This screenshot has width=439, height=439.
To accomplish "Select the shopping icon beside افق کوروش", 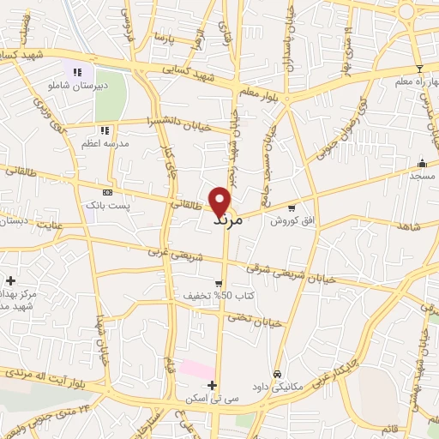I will click(292, 207).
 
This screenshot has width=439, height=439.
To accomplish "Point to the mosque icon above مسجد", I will click(421, 163).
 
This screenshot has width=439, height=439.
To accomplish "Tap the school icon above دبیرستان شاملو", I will click(78, 73).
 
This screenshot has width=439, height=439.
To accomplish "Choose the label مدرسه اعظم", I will click(105, 143).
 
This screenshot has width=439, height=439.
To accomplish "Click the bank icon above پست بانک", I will click(106, 193).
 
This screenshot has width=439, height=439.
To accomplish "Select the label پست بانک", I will click(105, 206).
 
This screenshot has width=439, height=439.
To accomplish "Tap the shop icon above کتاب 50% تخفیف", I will click(219, 283).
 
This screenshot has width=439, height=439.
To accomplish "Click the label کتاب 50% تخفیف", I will click(207, 296).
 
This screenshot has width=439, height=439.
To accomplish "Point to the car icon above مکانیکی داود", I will click(278, 374).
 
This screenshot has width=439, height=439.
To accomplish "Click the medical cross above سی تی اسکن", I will click(212, 385).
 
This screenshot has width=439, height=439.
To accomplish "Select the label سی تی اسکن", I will click(203, 399).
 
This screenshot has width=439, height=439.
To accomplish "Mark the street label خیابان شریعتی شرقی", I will click(284, 274).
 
